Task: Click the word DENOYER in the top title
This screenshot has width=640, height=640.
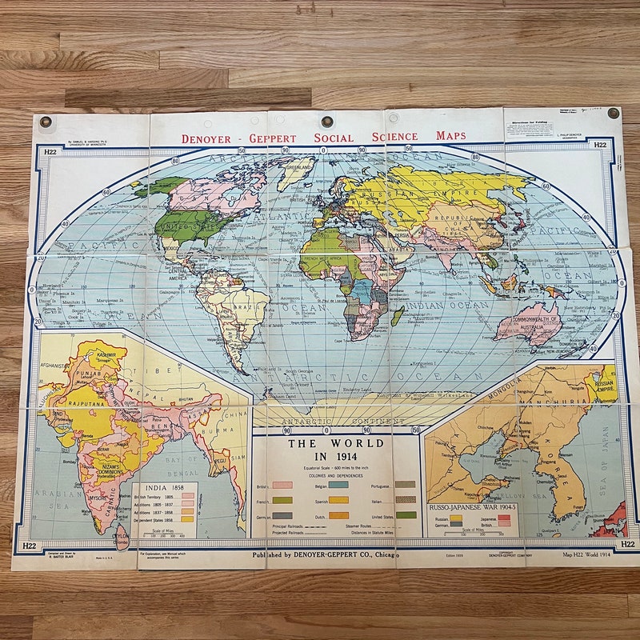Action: (206, 138)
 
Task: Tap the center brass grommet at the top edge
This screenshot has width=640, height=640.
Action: (326, 122)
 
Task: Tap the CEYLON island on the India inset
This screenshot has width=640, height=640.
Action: (120, 538)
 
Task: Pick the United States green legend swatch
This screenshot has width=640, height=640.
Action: (406, 514)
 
